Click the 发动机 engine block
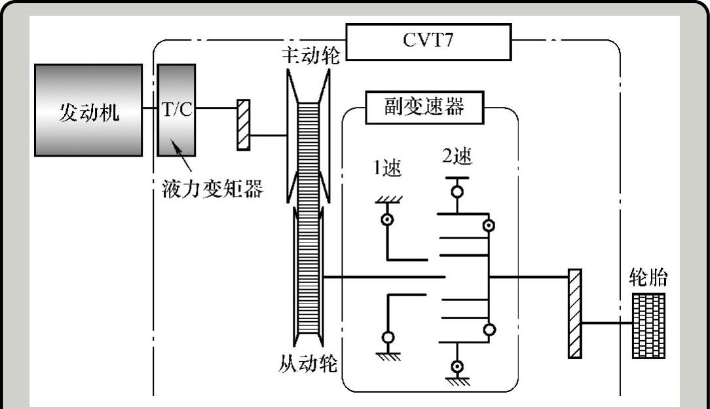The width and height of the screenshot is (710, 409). [x=88, y=110]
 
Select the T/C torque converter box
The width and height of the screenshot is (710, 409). [x=176, y=110]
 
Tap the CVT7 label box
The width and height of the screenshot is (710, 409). [x=428, y=41]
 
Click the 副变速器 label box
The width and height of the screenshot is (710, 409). [x=424, y=107]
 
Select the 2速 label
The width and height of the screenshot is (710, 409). [x=457, y=157]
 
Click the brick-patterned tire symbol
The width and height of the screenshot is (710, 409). [x=648, y=325]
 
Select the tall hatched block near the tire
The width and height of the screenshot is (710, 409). [x=574, y=313]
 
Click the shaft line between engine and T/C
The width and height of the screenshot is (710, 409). [x=150, y=110]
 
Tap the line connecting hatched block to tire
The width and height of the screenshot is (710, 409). [x=607, y=323]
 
